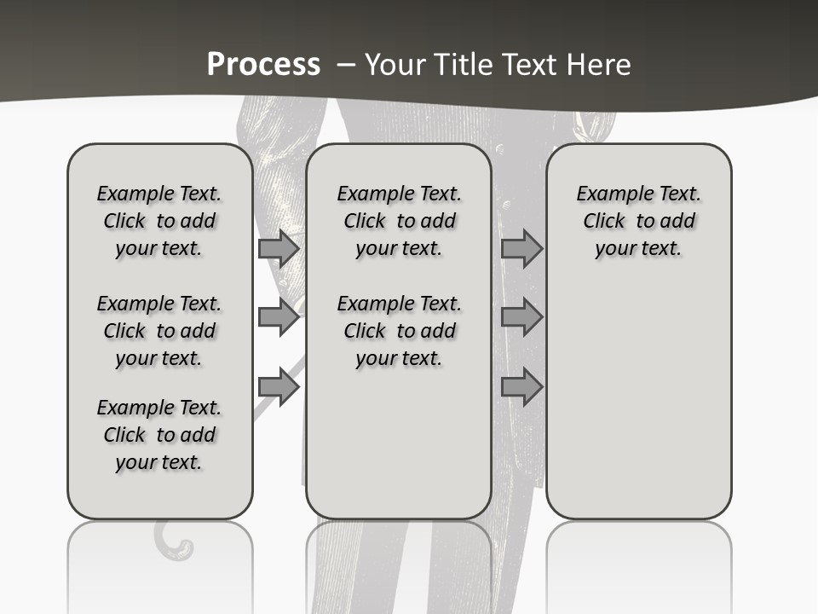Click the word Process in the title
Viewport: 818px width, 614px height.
click(x=263, y=65)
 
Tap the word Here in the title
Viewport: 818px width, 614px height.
click(x=600, y=65)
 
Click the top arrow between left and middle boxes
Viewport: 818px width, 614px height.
click(x=279, y=249)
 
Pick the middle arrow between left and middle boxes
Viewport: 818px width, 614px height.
click(x=279, y=317)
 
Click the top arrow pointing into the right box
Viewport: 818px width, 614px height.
click(x=521, y=249)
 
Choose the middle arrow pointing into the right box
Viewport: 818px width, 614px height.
click(x=521, y=317)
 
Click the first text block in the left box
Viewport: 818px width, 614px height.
click(x=159, y=221)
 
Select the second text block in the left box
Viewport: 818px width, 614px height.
click(x=159, y=331)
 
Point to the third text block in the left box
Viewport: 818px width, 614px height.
click(x=159, y=435)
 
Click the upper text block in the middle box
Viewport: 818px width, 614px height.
click(x=399, y=221)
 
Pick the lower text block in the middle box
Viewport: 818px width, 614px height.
click(x=399, y=331)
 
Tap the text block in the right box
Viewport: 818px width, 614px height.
click(x=638, y=221)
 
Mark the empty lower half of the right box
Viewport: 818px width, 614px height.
click(x=638, y=409)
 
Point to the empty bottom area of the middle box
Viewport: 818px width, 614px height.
click(x=399, y=452)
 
